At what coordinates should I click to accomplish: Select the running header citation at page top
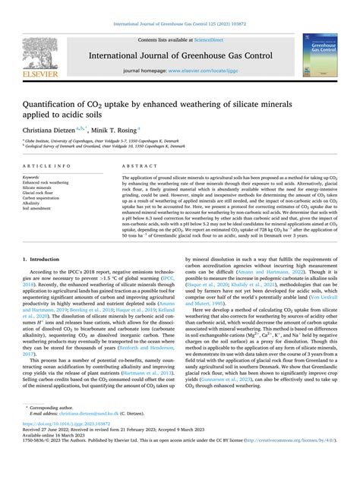179,7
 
